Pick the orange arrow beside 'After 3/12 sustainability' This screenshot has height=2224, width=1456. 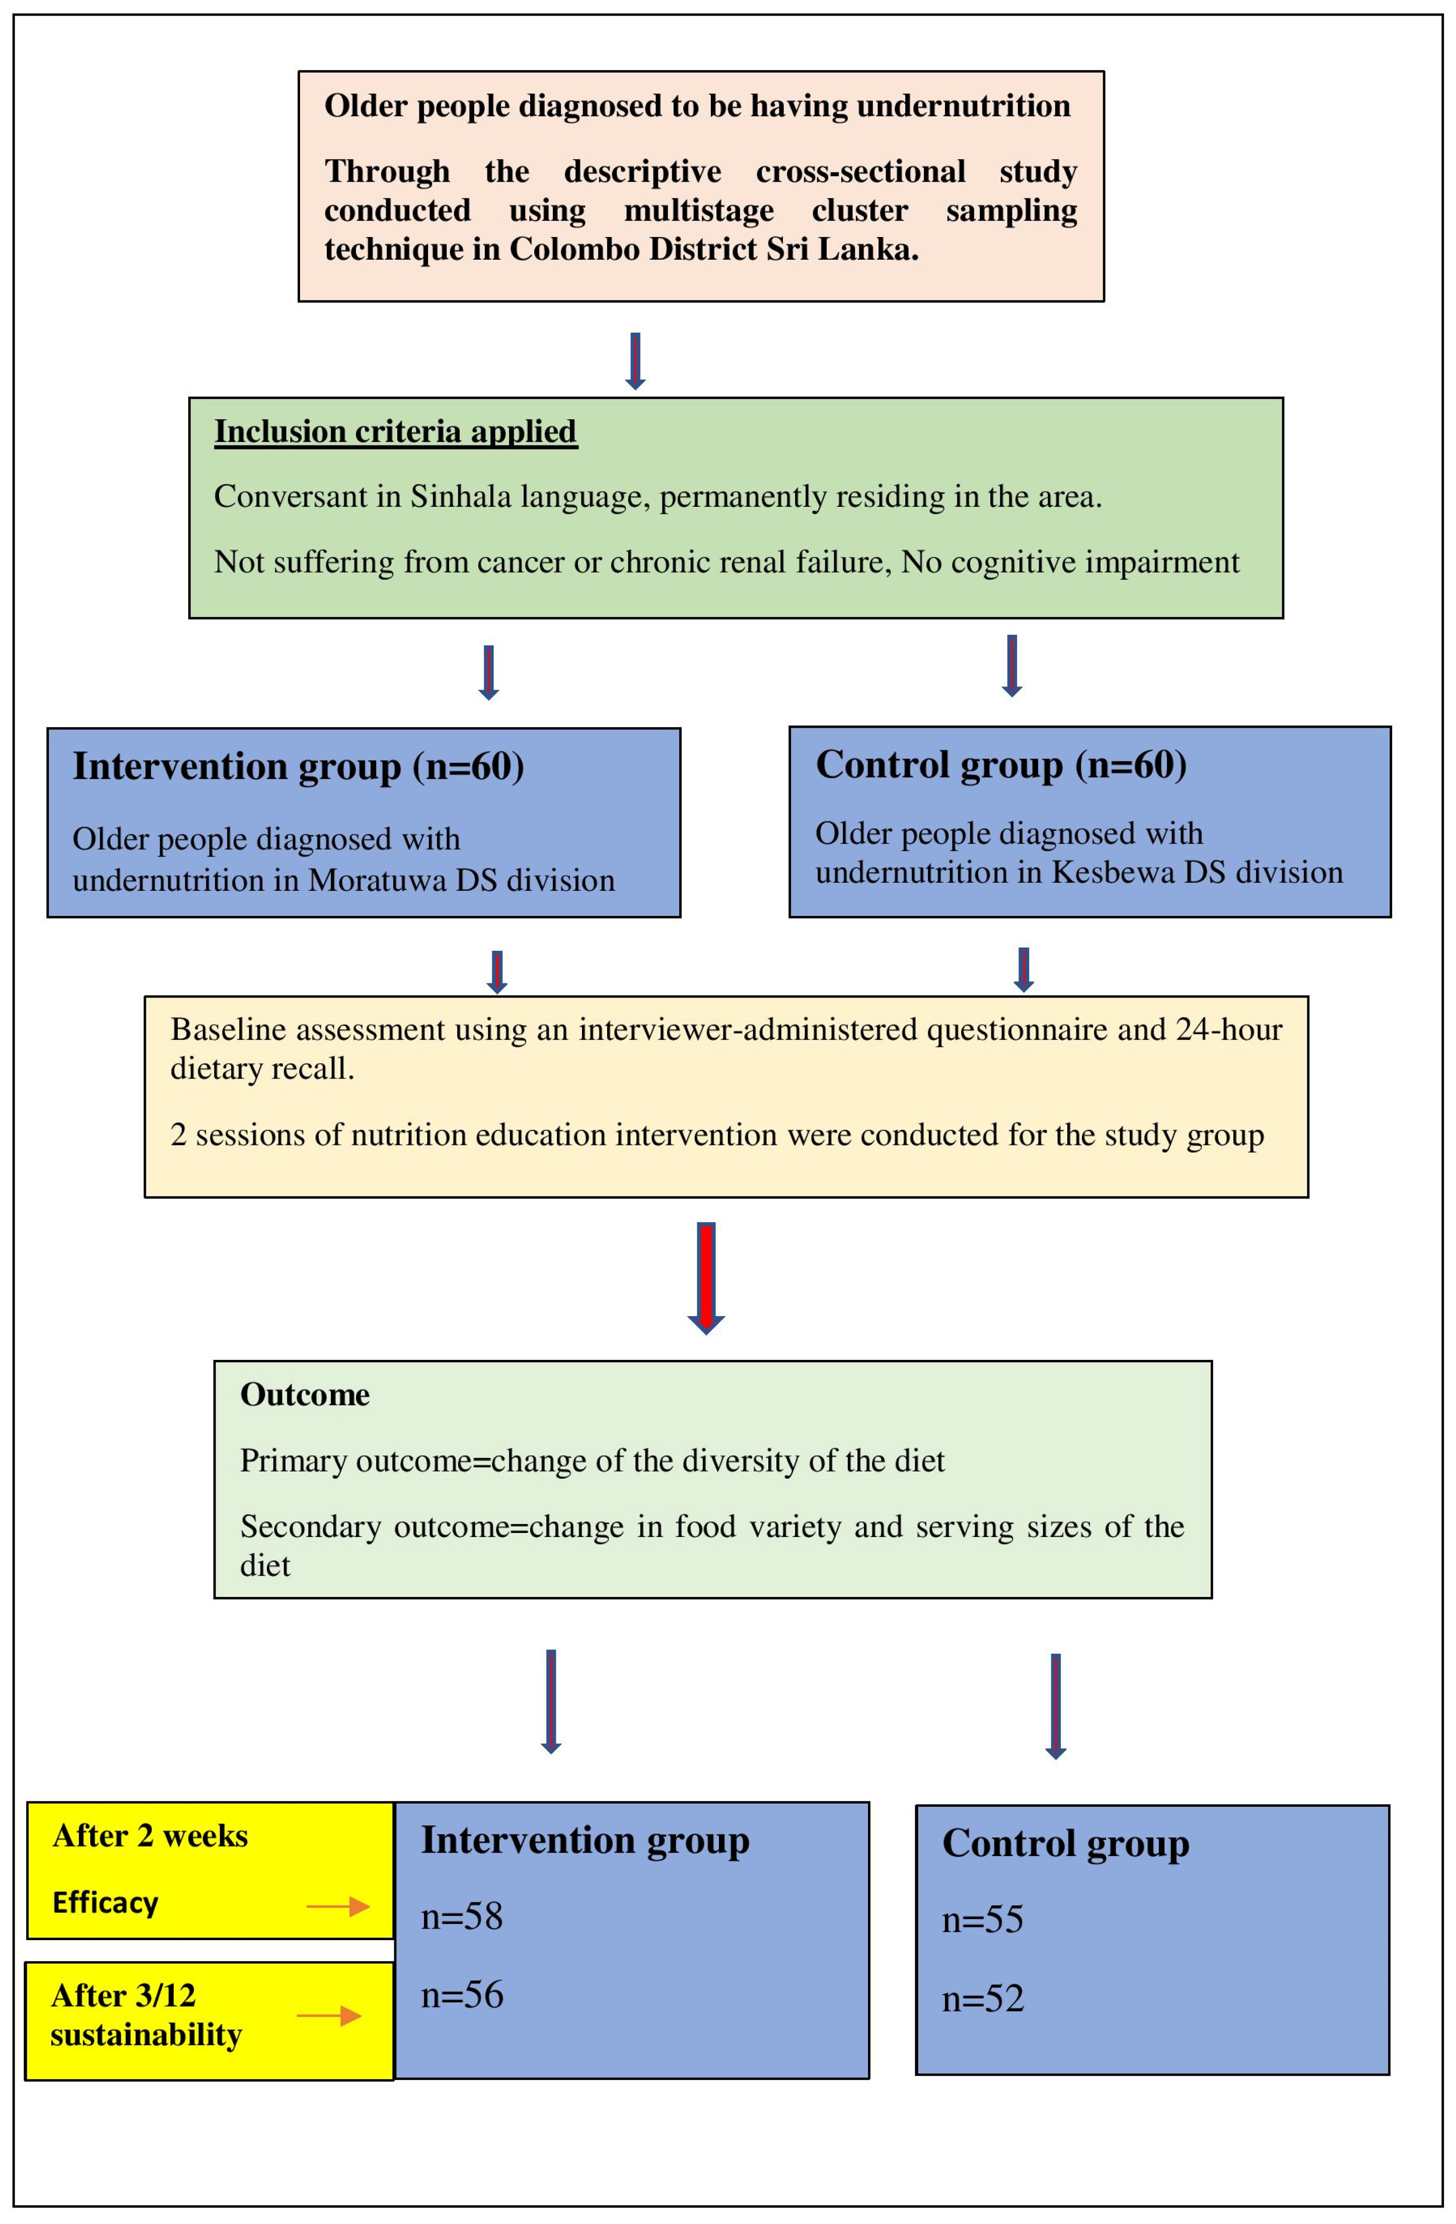click(329, 2016)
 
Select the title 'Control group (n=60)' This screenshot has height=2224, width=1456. click(1001, 764)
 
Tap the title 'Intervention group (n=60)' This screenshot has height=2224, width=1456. click(298, 766)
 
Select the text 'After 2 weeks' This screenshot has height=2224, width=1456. click(151, 1836)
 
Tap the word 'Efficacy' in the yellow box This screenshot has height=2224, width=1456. click(106, 1902)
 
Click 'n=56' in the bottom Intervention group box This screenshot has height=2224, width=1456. click(462, 1995)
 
